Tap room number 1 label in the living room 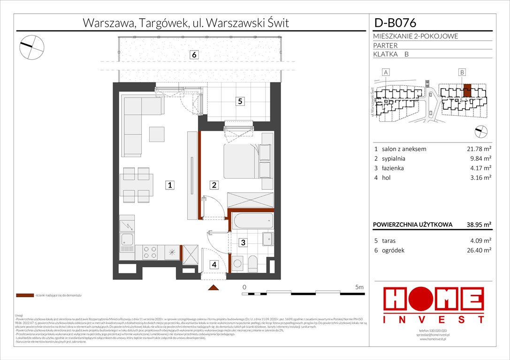[171, 186]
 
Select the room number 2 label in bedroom [213, 186]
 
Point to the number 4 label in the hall [214, 265]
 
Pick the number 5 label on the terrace [240, 101]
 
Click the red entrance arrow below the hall [214, 287]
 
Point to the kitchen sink [127, 240]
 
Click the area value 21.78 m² [474, 149]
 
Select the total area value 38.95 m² [474, 225]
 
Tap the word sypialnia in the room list [393, 158]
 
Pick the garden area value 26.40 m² [474, 250]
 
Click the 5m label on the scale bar [359, 287]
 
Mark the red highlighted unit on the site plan [467, 90]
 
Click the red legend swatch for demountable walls [24, 296]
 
